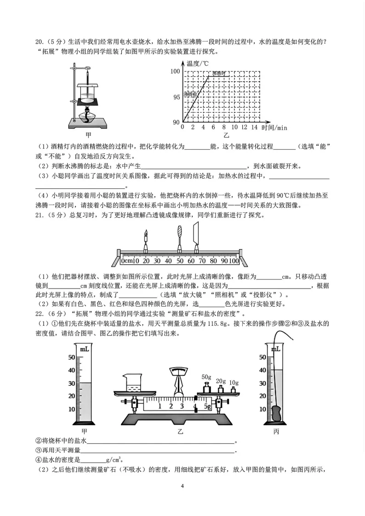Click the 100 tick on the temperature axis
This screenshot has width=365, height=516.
(175, 71)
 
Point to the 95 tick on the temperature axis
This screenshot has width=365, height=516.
(177, 97)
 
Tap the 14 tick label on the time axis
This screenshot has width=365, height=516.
(254, 127)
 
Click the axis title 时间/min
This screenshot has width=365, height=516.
(274, 128)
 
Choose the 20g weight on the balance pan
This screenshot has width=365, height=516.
(221, 389)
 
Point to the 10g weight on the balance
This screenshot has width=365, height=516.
(234, 390)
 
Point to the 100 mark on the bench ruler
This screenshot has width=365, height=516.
(234, 261)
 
